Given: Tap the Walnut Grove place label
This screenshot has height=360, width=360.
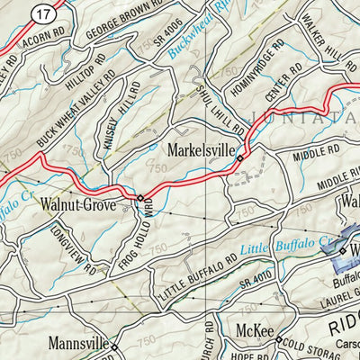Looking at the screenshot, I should [78, 205].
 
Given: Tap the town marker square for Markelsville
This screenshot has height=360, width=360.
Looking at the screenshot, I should [240, 159].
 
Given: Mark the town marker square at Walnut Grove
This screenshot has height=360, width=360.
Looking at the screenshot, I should [139, 197].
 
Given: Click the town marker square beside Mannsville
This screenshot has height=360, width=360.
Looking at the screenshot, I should [113, 345].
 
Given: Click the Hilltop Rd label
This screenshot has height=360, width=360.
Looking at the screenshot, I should [86, 76].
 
